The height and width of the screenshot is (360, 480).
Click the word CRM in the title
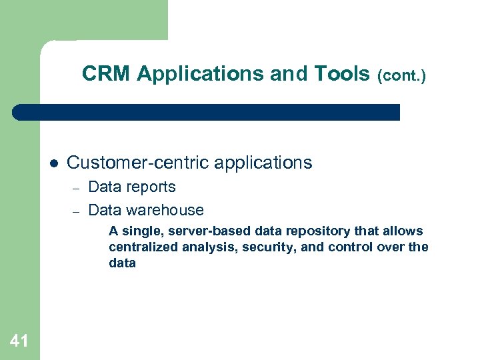107,74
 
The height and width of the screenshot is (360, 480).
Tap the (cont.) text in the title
401,76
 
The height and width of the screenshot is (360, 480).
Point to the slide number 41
19,341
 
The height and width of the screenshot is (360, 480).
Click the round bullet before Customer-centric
53,163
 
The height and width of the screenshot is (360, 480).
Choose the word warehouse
165,211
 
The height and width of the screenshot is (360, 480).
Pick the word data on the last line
122,263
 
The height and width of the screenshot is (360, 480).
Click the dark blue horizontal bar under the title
207,112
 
